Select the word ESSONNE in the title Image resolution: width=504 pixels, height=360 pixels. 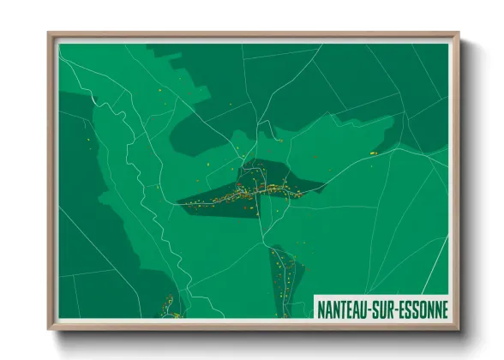pos(425,307)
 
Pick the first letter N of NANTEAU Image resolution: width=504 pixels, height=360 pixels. pos(321,307)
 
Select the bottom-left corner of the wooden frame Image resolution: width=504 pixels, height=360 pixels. pos(49,330)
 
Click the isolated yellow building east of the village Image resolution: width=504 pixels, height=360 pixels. pos(374,152)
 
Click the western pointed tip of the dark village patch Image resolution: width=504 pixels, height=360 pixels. pos(178,202)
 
